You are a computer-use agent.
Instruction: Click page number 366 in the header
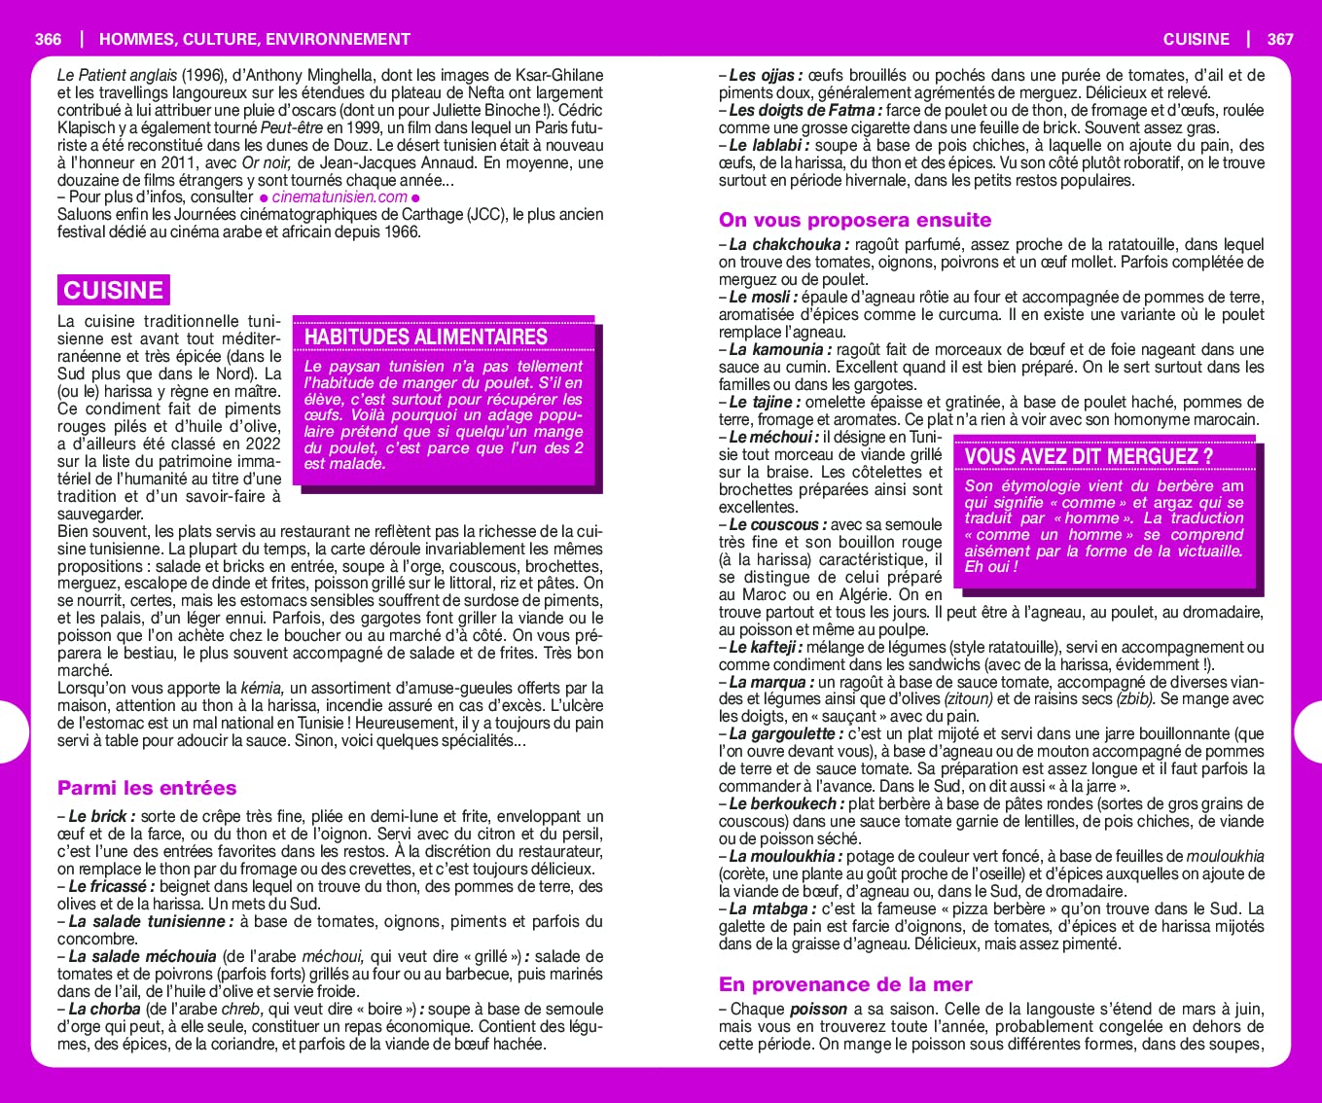(48, 39)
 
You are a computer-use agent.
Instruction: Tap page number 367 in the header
(1280, 39)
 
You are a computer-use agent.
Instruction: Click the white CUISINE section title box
(113, 290)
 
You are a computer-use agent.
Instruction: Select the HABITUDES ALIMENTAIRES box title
(426, 337)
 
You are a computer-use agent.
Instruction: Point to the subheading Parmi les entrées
(147, 788)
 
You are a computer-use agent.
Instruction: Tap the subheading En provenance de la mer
(845, 984)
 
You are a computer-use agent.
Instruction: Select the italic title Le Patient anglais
(117, 75)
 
